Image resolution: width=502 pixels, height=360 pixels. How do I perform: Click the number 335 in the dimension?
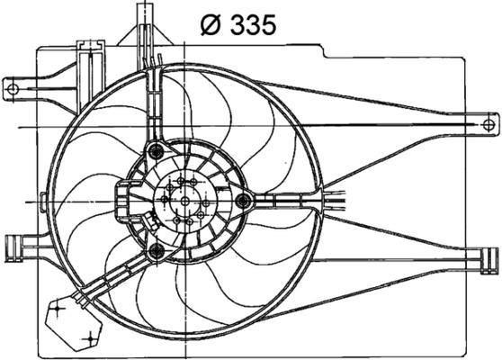tap(253, 25)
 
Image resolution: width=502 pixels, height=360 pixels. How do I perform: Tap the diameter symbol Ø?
tap(211, 25)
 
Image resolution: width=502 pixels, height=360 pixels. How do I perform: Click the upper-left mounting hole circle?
tap(13, 89)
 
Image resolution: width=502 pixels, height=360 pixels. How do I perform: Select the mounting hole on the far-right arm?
tap(488, 125)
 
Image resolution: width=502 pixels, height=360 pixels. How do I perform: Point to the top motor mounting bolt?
tap(157, 150)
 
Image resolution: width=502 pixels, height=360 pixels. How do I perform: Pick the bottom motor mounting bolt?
tap(157, 250)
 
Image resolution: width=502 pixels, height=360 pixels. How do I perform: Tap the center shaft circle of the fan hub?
tap(185, 202)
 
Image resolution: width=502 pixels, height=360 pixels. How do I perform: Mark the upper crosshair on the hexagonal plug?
tap(58, 309)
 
